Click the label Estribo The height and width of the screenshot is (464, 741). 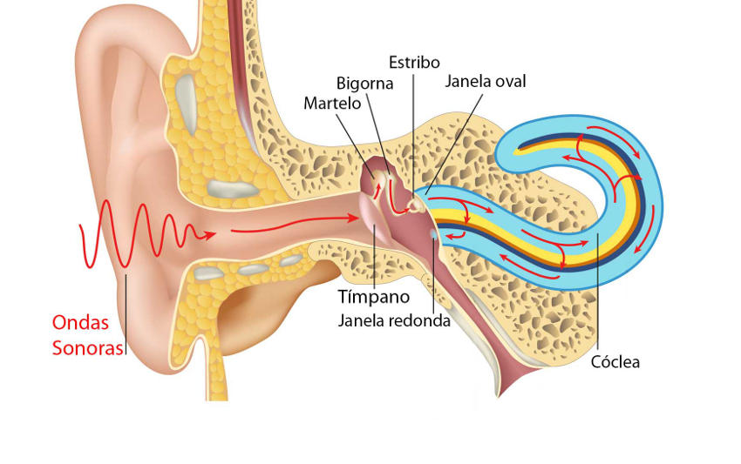click(x=414, y=63)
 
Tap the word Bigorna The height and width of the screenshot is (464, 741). click(x=364, y=84)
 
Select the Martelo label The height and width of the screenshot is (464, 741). click(x=332, y=104)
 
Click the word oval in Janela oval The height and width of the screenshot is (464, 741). click(x=510, y=81)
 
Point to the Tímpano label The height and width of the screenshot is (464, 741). click(x=373, y=297)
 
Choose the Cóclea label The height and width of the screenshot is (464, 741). click(x=615, y=362)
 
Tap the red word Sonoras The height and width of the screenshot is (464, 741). click(x=87, y=348)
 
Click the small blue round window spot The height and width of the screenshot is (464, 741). click(x=433, y=233)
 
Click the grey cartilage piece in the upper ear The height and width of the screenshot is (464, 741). click(x=187, y=104)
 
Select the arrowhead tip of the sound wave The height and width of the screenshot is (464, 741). click(x=215, y=233)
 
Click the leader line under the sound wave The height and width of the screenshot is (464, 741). click(x=126, y=314)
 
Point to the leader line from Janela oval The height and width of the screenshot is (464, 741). click(x=454, y=144)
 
